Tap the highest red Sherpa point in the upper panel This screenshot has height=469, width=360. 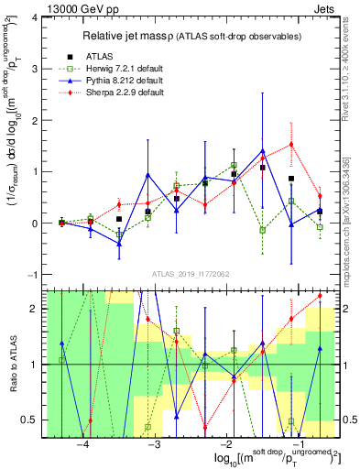tap(291, 144)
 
